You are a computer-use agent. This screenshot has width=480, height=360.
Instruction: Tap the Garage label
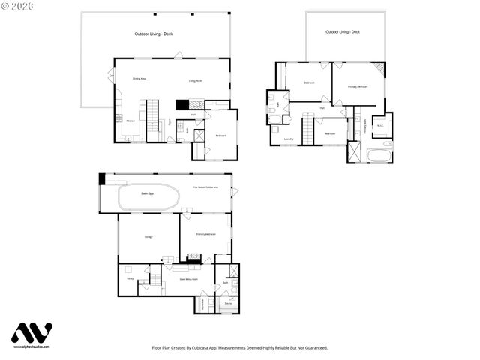pos(148,237)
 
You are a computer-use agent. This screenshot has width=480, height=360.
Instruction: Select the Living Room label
pos(196,80)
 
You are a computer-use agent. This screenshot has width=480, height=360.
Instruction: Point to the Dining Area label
pos(139,78)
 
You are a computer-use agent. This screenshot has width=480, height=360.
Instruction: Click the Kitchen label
pos(130,121)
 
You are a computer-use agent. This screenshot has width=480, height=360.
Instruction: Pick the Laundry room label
pos(288,139)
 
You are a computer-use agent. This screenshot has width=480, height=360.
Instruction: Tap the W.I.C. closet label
pos(380,125)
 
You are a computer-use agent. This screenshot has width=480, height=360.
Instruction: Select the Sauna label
pos(227,303)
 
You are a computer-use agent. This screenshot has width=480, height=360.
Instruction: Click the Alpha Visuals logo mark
pos(32,334)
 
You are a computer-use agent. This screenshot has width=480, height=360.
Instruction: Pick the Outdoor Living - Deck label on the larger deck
pos(154,34)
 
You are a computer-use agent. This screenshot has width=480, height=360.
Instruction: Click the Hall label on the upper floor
pos(322,109)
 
